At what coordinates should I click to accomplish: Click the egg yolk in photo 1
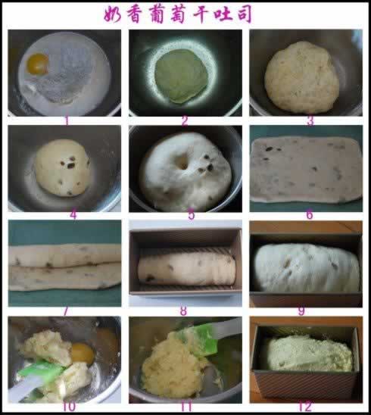pyautogui.click(x=38, y=64)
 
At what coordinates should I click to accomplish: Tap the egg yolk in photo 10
pyautogui.click(x=83, y=353)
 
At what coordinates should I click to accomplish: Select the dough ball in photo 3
pyautogui.click(x=302, y=76)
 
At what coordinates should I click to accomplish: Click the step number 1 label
pyautogui.click(x=67, y=120)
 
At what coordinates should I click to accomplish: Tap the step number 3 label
pyautogui.click(x=310, y=121)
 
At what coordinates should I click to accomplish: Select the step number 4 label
pyautogui.click(x=73, y=214)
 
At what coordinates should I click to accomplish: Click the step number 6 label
pyautogui.click(x=309, y=214)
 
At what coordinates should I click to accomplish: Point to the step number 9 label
pyautogui.click(x=301, y=311)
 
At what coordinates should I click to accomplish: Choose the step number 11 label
pyautogui.click(x=185, y=407)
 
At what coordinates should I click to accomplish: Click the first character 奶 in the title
pyautogui.click(x=113, y=14)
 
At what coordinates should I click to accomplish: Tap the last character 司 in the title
pyautogui.click(x=244, y=14)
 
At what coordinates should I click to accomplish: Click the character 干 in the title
pyautogui.click(x=202, y=14)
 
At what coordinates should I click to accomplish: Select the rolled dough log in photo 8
pyautogui.click(x=186, y=269)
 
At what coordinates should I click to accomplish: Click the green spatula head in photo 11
pyautogui.click(x=198, y=341)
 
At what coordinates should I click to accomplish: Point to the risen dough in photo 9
pyautogui.click(x=307, y=267)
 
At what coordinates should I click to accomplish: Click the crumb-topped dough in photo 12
pyautogui.click(x=310, y=354)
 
